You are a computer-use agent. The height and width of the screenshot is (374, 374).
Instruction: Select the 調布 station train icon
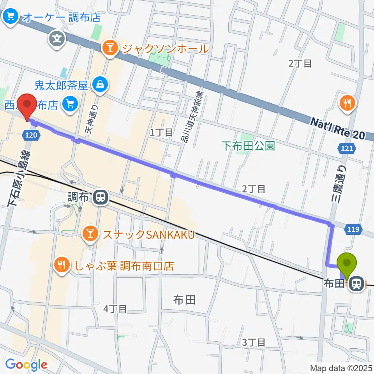click(101, 197)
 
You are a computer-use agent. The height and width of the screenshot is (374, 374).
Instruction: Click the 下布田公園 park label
click(248, 146)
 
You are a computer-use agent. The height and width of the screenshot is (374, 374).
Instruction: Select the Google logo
click(26, 365)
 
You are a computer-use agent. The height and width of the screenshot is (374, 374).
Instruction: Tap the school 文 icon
click(57, 39)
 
